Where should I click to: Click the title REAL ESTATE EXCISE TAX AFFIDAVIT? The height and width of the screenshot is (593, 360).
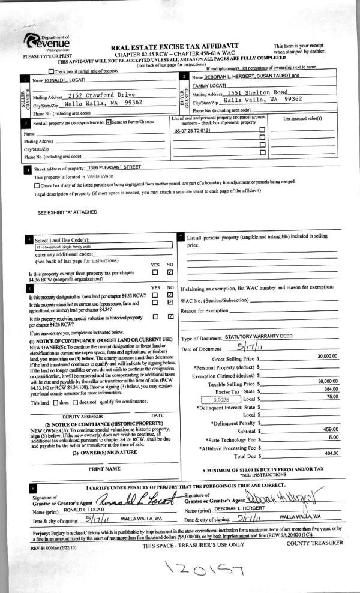(175, 46)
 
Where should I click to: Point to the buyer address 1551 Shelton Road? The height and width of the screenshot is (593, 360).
(258, 93)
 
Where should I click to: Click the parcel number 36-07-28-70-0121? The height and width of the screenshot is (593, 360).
(192, 130)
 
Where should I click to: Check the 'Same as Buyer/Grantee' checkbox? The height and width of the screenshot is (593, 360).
(108, 122)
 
